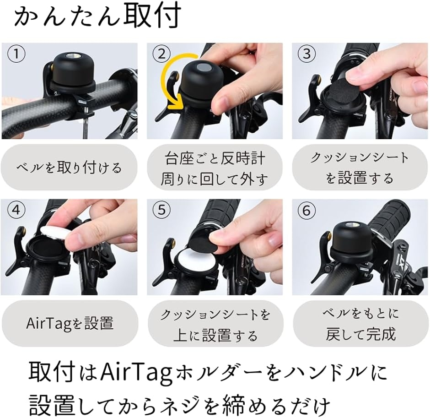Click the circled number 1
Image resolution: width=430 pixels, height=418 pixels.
tap(16, 54)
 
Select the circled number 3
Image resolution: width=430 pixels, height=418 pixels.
tap(306, 54)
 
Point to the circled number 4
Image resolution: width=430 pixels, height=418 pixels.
tap(16, 211)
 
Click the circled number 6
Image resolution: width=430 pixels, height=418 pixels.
tap(306, 211)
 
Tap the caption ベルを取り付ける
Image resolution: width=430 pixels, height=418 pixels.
tap(69, 168)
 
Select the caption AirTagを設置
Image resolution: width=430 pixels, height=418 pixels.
tap(70, 323)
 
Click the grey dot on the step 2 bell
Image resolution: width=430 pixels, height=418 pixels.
tap(204, 67)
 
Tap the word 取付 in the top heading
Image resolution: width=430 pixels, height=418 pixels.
tap(152, 16)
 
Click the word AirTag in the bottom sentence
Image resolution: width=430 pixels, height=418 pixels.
tap(136, 374)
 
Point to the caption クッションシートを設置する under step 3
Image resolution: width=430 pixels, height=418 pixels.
tap(360, 168)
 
